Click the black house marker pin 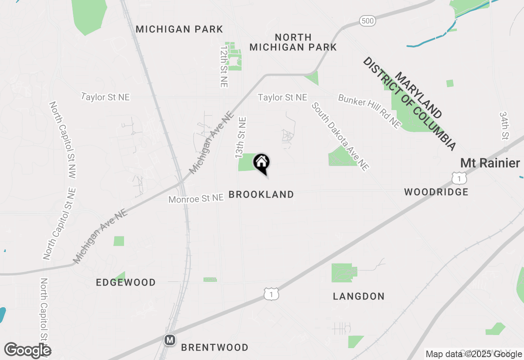coord(261,163)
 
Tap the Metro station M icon coord(169,340)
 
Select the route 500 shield coord(368,21)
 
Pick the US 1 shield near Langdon coord(271,294)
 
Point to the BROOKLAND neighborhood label coord(261,195)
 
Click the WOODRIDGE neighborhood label coord(436,192)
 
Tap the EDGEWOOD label coord(126,282)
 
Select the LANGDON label coord(359,296)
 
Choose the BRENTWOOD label coord(215,348)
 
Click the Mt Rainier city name coord(490,163)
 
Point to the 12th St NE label coord(224,66)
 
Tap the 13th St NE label coord(240,137)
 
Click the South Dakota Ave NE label coord(340,136)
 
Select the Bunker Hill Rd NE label coord(369,111)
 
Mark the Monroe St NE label coord(196,198)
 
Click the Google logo coord(27,350)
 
